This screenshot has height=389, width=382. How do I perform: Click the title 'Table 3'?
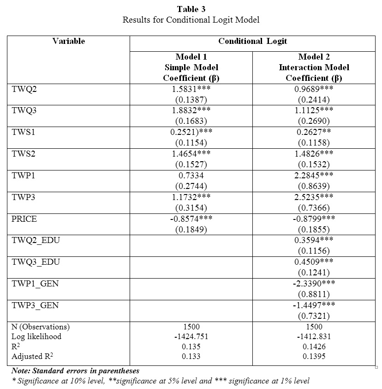point(191,9)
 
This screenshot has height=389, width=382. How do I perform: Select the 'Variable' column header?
point(69,41)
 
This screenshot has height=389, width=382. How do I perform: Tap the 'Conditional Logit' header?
point(252,41)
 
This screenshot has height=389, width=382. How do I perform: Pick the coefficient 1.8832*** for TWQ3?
point(191,111)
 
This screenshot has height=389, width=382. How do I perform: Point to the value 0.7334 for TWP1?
point(191,176)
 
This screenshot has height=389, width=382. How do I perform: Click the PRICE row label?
point(24,219)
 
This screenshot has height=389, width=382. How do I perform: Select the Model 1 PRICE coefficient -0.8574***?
point(191,219)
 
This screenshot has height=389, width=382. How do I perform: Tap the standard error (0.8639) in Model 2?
point(314,186)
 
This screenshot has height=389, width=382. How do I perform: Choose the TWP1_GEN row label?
point(36,284)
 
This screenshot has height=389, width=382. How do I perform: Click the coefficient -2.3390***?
point(314,284)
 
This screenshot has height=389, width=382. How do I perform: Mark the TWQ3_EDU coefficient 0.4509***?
point(314,262)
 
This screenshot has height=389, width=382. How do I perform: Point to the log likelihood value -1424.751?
point(191,336)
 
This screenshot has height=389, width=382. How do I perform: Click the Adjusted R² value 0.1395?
point(314,357)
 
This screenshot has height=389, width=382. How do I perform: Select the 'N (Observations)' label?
point(41,327)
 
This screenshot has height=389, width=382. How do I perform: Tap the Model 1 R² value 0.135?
point(191,346)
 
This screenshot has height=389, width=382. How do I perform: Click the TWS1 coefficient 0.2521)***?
point(191,133)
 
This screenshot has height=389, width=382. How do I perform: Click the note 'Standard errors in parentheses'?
point(75,371)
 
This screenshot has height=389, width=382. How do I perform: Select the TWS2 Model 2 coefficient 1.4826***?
point(314,154)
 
